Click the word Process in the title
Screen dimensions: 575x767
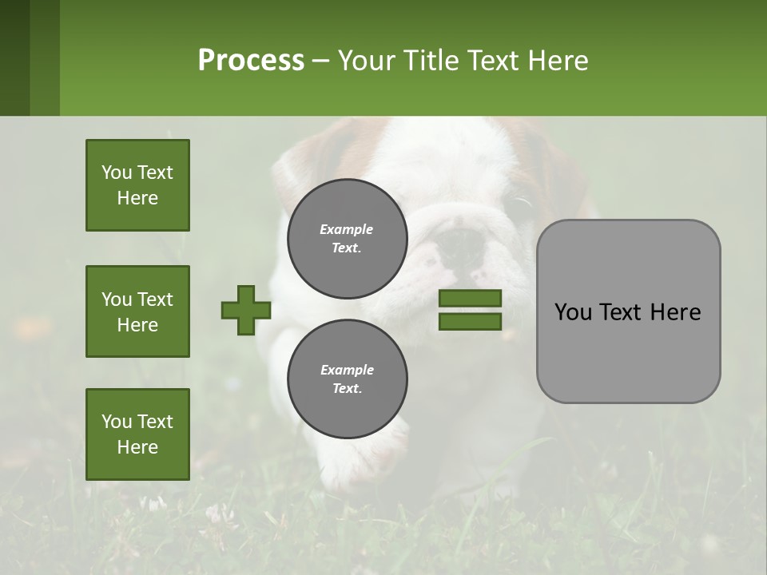tap(251, 61)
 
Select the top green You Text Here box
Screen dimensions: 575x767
tap(137, 185)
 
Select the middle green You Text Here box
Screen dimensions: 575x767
tap(137, 311)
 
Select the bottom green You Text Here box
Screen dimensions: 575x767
tap(137, 434)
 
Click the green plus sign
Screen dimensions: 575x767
tap(246, 310)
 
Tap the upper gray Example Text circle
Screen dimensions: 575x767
tap(348, 238)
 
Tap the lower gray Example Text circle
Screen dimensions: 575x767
tap(348, 379)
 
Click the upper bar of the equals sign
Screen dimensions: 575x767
tap(470, 298)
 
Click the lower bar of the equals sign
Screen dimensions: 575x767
tap(470, 321)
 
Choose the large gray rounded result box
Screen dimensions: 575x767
tap(628, 311)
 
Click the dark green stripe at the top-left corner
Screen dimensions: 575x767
tap(14, 57)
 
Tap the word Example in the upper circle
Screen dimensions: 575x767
tap(347, 229)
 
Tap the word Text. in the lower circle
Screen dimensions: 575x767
tap(348, 388)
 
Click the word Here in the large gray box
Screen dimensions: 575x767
tap(675, 311)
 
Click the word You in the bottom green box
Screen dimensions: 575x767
tap(117, 421)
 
